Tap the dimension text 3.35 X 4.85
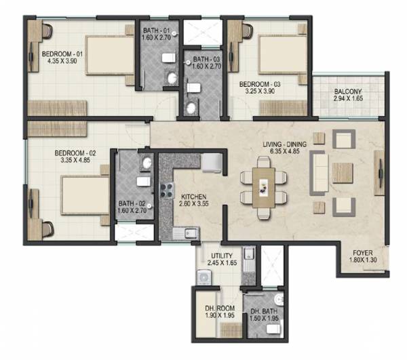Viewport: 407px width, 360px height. [x=75, y=162]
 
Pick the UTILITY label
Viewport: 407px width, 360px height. [x=221, y=255]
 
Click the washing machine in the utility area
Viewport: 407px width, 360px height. [x=203, y=277]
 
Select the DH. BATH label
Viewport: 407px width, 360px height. [x=263, y=309]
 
